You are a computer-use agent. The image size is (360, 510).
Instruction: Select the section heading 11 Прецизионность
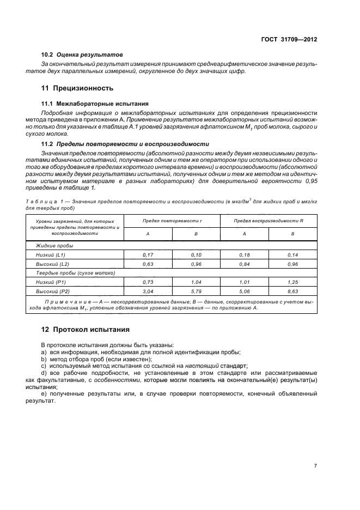click(x=77, y=87)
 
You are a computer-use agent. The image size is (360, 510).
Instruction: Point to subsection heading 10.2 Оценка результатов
click(x=82, y=55)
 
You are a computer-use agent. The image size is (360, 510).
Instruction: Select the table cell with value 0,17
click(x=148, y=254)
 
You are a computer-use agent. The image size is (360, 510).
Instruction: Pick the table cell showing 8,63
click(x=292, y=292)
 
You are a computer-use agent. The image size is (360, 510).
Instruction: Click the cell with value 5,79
click(x=196, y=292)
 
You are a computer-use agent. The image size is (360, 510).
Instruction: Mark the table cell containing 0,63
click(x=148, y=263)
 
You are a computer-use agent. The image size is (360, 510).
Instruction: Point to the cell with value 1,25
click(x=292, y=282)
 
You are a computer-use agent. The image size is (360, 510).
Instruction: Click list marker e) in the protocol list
click(x=44, y=393)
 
